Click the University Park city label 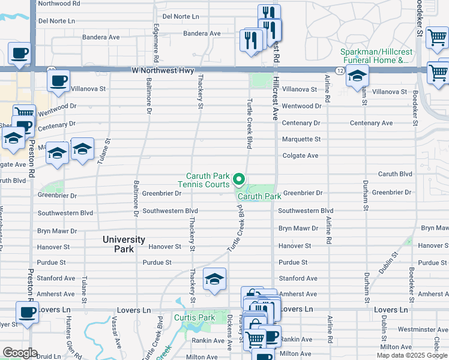[124, 244]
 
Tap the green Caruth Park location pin [239, 179]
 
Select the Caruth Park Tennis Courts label [207, 180]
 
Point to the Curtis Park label [194, 317]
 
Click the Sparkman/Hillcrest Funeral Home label [376, 56]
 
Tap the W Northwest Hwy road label [163, 71]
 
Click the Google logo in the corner [20, 353]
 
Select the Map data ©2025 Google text [412, 355]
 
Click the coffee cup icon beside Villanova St [58, 82]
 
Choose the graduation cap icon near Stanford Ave [214, 280]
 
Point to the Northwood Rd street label [59, 3]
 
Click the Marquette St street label [301, 139]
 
